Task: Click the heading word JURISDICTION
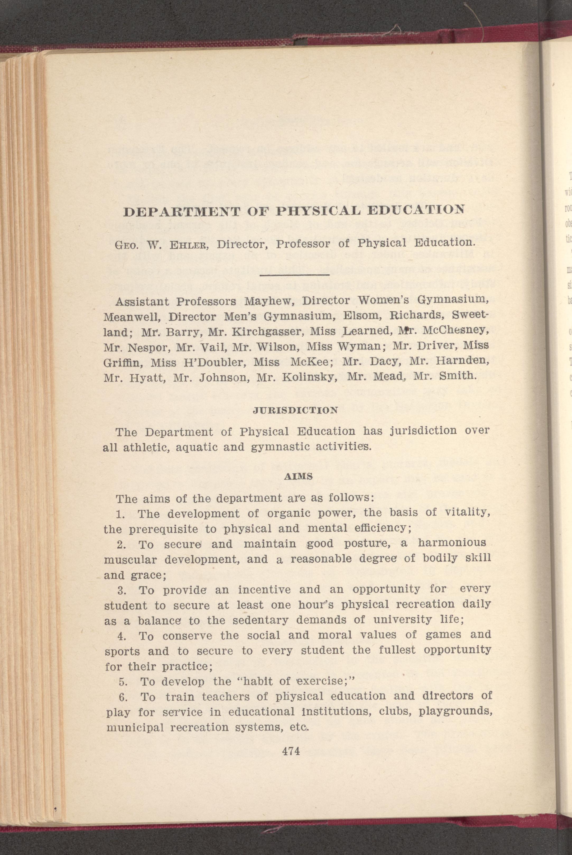tap(295, 410)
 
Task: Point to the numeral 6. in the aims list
tap(123, 697)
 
